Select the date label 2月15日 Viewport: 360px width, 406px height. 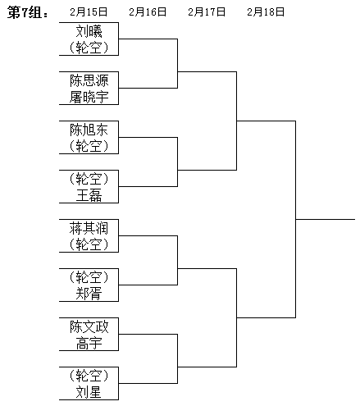pyautogui.click(x=89, y=12)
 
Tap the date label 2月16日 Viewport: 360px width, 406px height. pyautogui.click(x=148, y=12)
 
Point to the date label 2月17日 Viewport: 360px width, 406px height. pyautogui.click(x=207, y=12)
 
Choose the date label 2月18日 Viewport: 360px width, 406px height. pyautogui.click(x=266, y=12)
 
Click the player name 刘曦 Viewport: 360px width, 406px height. pyautogui.click(x=89, y=31)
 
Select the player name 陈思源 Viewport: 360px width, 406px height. pyautogui.click(x=89, y=80)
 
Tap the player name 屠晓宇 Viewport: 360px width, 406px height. pyautogui.click(x=89, y=97)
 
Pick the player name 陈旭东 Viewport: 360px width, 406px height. pyautogui.click(x=89, y=130)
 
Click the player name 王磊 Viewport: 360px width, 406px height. pyautogui.click(x=89, y=195)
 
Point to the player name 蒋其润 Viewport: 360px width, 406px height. pyautogui.click(x=89, y=228)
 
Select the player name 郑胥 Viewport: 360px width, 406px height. pyautogui.click(x=89, y=294)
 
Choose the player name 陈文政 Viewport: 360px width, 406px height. pyautogui.click(x=89, y=326)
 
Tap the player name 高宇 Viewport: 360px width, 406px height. pyautogui.click(x=89, y=343)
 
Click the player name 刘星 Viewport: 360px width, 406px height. pyautogui.click(x=89, y=392)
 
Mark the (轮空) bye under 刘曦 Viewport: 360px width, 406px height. pyautogui.click(x=89, y=48)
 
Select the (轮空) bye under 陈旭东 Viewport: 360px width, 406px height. pyautogui.click(x=89, y=146)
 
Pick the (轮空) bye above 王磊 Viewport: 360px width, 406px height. pyautogui.click(x=89, y=179)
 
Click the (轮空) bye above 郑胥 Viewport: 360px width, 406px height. pyautogui.click(x=89, y=277)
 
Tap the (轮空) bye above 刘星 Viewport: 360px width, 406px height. pyautogui.click(x=89, y=376)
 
